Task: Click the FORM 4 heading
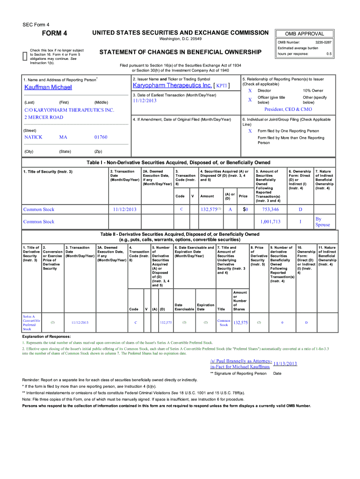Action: (55, 33)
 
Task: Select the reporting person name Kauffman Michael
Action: (48, 87)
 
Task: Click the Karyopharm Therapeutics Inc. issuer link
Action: (173, 86)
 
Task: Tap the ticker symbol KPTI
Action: (222, 86)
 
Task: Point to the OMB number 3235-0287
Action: (323, 43)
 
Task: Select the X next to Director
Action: (250, 90)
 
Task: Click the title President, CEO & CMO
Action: (288, 109)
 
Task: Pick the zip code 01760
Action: (101, 137)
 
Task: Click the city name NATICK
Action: (33, 137)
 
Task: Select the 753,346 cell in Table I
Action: (270, 210)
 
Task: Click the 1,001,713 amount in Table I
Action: (270, 222)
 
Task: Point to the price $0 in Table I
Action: (245, 210)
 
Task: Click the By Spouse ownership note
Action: (323, 222)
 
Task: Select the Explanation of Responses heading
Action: (47, 336)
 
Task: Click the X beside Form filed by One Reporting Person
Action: (250, 131)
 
